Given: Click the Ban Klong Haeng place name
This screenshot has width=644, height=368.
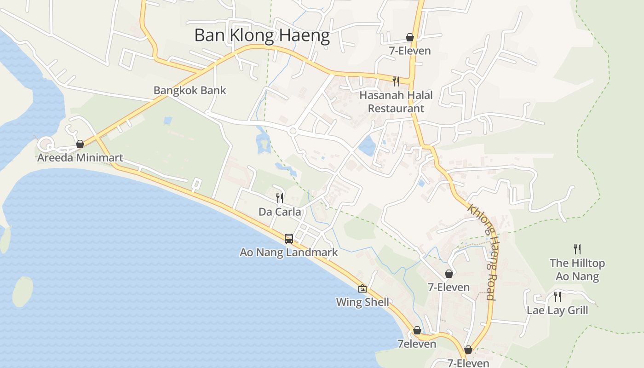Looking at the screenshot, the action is tap(262, 35).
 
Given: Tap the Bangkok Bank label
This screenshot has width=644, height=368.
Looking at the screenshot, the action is tap(190, 90).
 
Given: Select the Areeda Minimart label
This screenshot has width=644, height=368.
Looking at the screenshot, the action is tap(80, 158).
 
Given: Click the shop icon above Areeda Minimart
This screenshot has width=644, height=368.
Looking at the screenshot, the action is tap(80, 144).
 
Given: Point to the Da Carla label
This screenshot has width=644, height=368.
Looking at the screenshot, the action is tap(280, 212).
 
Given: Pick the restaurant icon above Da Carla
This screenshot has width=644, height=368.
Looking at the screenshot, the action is tap(280, 198).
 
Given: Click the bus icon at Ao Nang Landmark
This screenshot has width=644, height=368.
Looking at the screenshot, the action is tap(289, 238).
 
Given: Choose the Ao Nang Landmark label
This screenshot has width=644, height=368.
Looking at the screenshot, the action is tap(289, 252).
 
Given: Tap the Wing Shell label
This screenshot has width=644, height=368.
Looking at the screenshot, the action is tap(362, 302).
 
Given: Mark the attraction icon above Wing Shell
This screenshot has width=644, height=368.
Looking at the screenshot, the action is tap(362, 288).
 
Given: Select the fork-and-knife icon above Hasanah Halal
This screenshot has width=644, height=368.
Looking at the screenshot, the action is tap(396, 81).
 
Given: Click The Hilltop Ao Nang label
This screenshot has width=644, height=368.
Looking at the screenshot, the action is tap(577, 270).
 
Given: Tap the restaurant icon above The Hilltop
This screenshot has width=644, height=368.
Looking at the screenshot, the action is tap(577, 249).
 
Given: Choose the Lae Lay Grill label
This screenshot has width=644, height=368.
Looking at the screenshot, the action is tap(557, 310).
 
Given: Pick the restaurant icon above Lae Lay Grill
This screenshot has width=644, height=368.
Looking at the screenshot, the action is tap(557, 296).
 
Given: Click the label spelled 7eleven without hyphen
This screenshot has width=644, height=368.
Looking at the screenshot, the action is tap(417, 344).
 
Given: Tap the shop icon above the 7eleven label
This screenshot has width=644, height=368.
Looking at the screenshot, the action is tap(417, 330).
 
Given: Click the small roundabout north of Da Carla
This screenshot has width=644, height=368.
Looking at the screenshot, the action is tap(293, 132).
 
